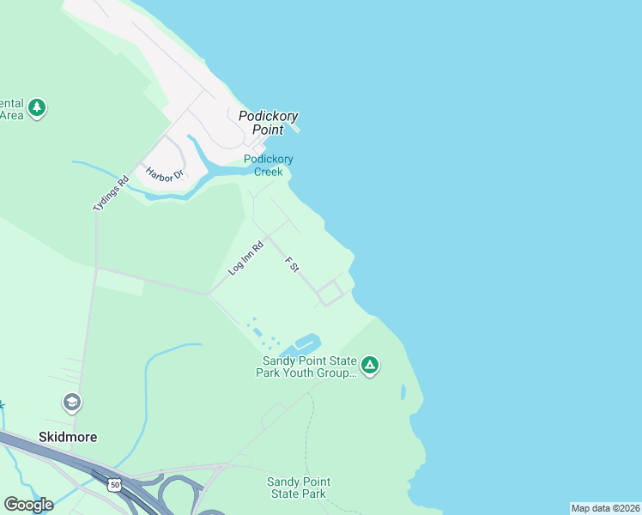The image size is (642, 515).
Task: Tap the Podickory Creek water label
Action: click(x=268, y=165)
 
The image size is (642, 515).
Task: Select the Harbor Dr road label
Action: click(x=165, y=174)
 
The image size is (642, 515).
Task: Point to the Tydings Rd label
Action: click(x=111, y=194)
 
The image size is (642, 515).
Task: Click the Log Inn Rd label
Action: click(x=245, y=257)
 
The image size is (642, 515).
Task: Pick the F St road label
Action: click(x=292, y=264)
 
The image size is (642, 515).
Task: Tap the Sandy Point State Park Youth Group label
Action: click(x=306, y=367)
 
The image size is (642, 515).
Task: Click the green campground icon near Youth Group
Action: click(x=370, y=366)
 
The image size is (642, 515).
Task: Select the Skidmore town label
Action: click(x=68, y=437)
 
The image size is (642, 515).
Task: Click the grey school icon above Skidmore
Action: click(x=71, y=402)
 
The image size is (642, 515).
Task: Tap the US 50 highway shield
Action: click(x=114, y=486)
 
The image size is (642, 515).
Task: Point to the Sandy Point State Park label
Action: click(x=298, y=488)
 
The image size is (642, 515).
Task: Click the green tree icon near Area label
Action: click(x=36, y=108)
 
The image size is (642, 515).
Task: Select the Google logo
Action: click(x=28, y=504)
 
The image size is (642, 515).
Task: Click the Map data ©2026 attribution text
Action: click(x=605, y=507)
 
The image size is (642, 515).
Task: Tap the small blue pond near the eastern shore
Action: click(x=403, y=392)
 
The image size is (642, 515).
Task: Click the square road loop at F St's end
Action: click(x=330, y=293)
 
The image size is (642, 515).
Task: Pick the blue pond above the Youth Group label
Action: click(x=306, y=343)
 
